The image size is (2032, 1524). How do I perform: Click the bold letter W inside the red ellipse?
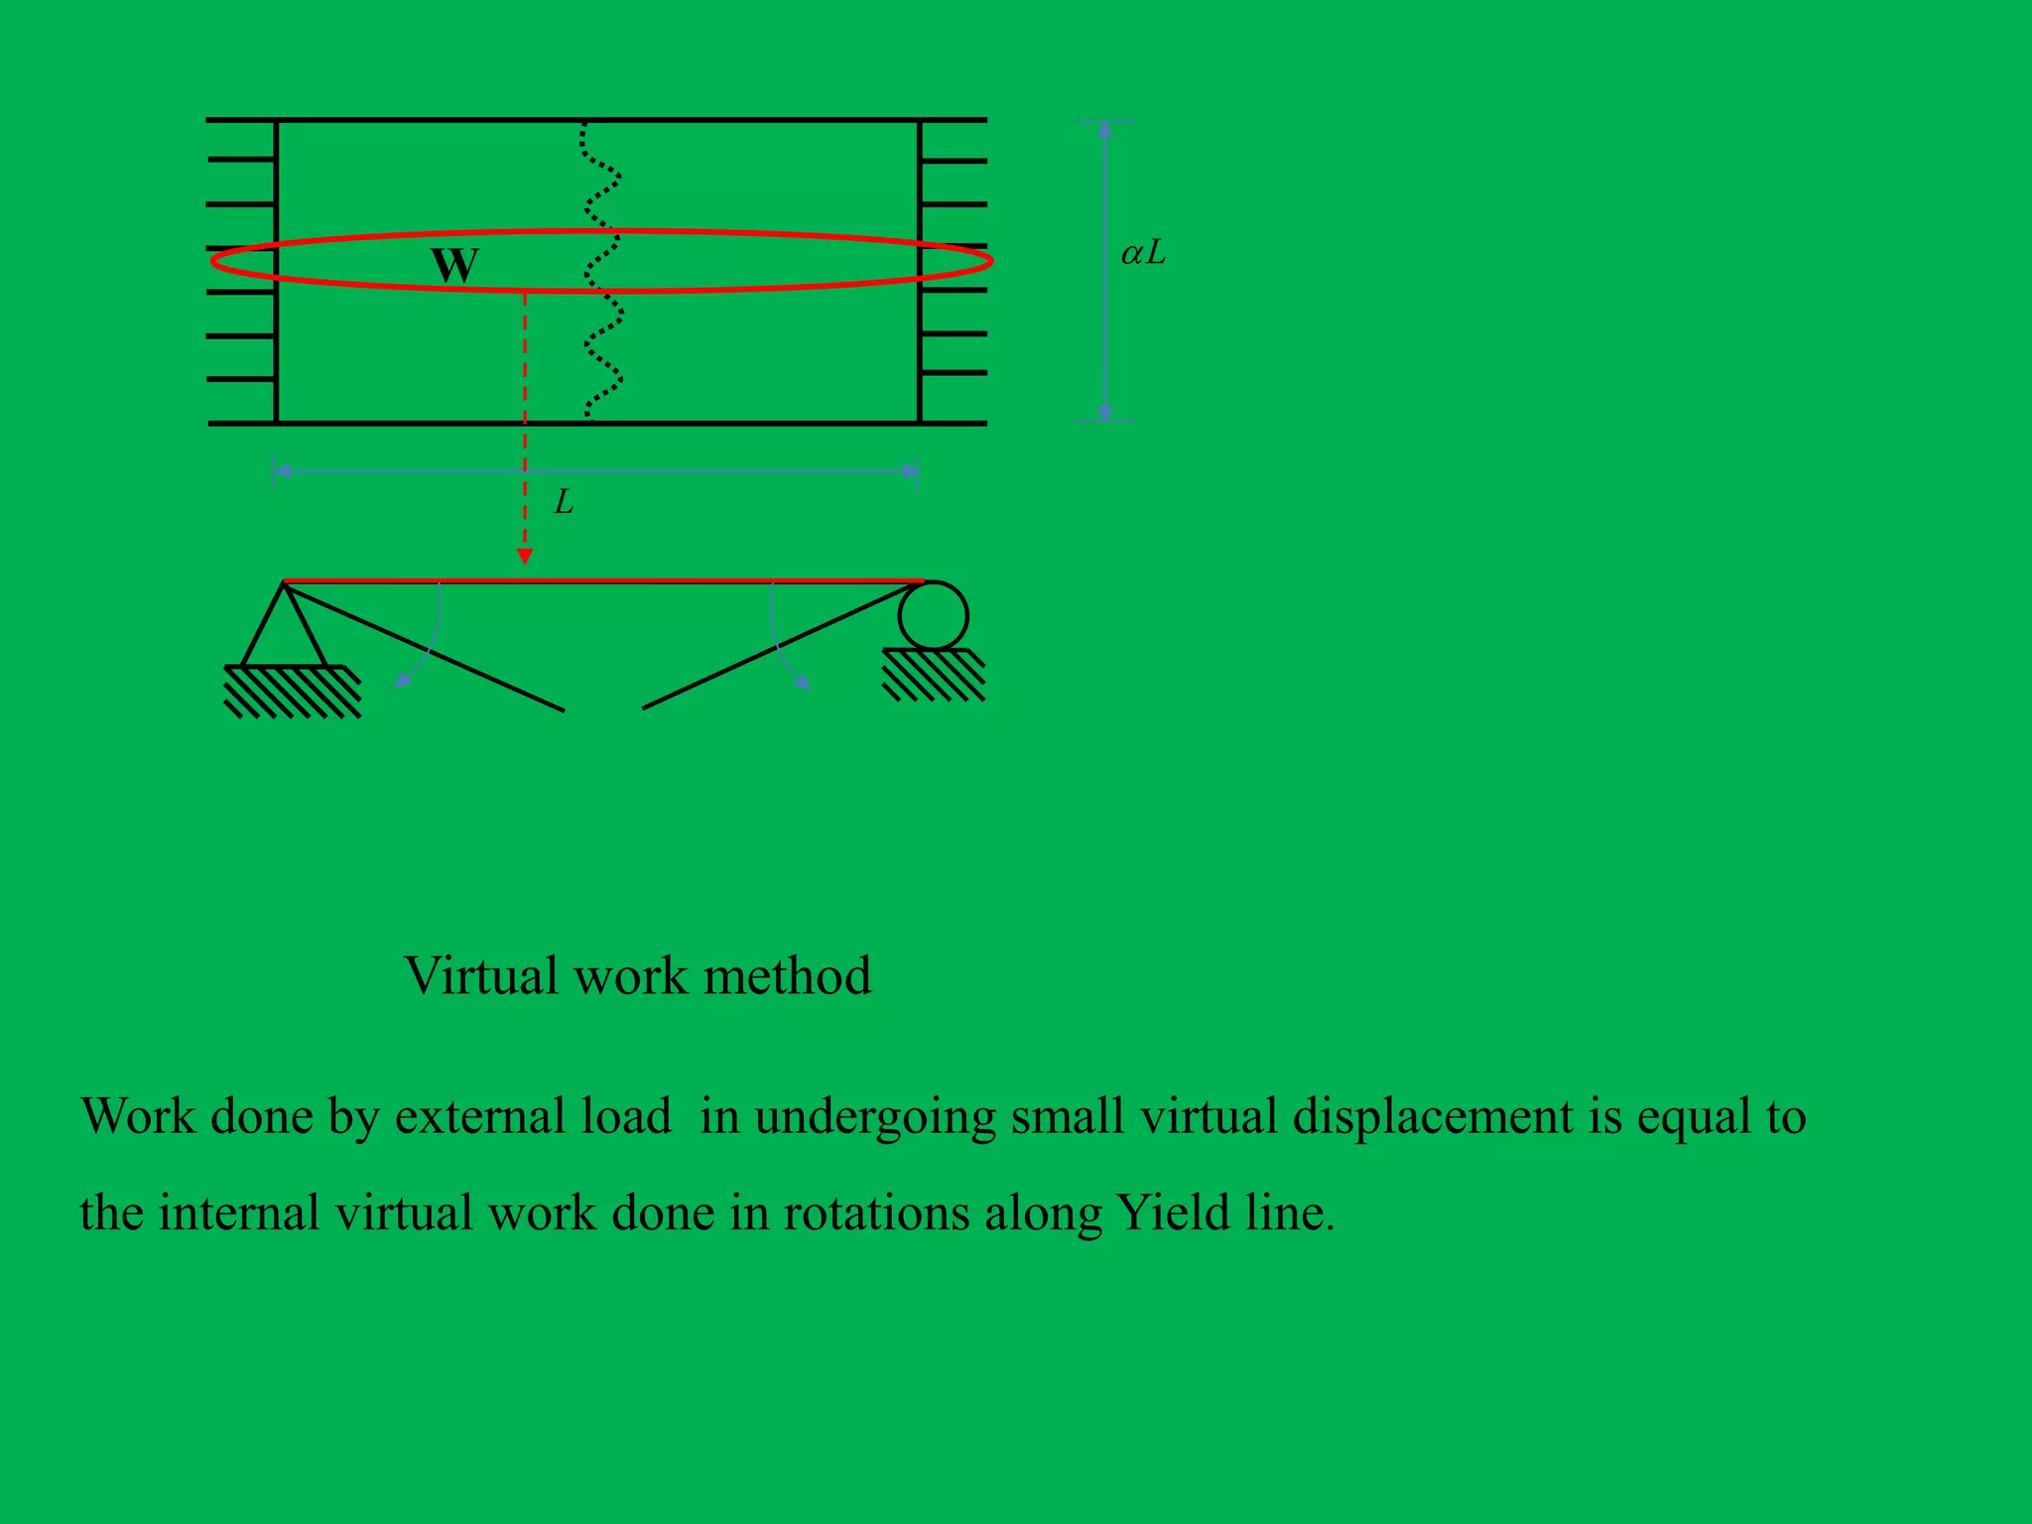click(x=455, y=266)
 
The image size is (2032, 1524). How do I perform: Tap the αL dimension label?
click(x=1143, y=254)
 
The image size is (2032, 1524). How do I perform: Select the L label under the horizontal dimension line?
click(x=564, y=503)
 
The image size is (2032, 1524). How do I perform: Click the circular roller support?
click(x=933, y=616)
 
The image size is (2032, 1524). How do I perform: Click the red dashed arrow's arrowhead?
click(x=525, y=556)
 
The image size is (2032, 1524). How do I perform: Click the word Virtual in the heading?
click(x=482, y=976)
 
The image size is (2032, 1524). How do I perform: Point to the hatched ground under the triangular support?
click(x=292, y=691)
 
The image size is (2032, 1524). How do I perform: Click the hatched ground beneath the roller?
click(x=934, y=675)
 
